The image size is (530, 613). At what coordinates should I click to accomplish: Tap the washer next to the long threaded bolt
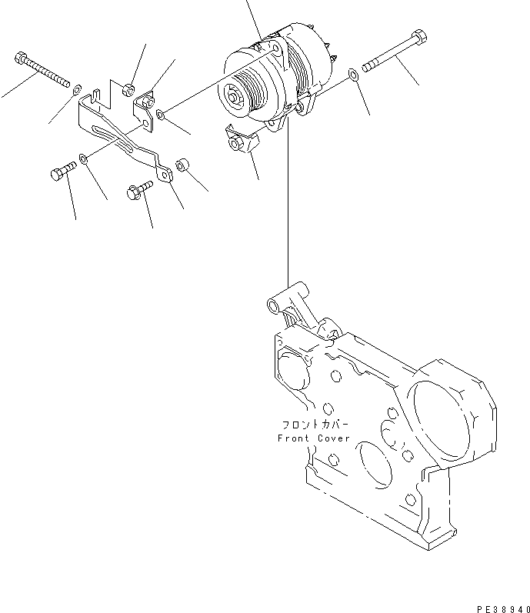tap(78, 93)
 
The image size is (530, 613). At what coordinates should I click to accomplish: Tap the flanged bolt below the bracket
tap(139, 190)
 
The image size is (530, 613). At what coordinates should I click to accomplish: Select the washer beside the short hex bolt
tap(84, 159)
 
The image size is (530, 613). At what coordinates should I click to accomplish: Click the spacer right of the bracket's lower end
tap(182, 165)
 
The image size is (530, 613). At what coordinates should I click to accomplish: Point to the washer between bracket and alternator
tap(159, 115)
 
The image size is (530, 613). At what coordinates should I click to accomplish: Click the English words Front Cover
tap(313, 438)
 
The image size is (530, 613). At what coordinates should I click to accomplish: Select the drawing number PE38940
tap(501, 606)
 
